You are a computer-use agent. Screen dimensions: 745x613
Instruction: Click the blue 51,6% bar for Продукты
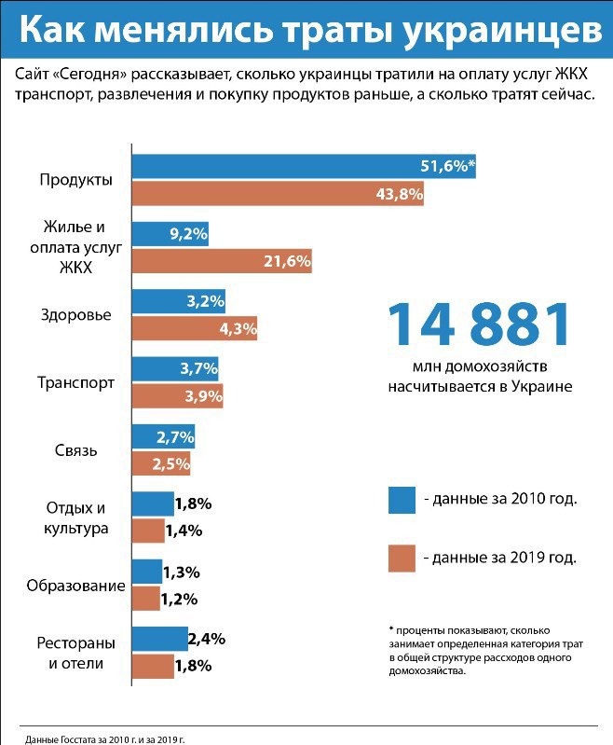pos(304,167)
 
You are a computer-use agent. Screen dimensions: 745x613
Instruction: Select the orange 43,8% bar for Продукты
pos(278,194)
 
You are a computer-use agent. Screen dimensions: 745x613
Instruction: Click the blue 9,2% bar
pos(170,234)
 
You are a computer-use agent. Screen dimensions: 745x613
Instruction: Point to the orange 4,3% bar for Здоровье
pos(195,328)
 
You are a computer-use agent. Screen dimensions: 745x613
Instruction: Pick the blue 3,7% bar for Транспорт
pos(176,368)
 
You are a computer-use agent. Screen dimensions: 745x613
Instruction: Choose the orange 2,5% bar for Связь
pos(162,462)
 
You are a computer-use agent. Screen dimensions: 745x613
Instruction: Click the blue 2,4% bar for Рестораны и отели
pos(159,639)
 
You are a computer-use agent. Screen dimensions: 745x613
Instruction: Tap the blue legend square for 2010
pos(402,499)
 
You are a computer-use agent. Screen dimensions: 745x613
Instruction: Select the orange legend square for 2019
pos(402,558)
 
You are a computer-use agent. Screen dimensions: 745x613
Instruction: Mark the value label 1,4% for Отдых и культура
pos(184,531)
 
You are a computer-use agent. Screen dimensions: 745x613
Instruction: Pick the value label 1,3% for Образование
pos(181,572)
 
